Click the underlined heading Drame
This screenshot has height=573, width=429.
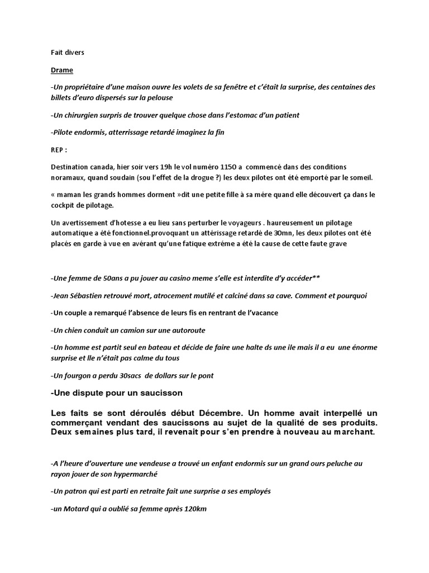pyautogui.click(x=61, y=71)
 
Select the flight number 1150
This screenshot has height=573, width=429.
pyautogui.click(x=226, y=167)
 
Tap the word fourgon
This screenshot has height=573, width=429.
pyautogui.click(x=78, y=375)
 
